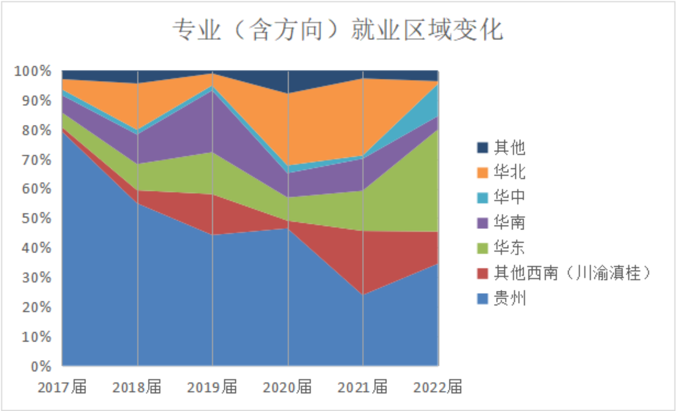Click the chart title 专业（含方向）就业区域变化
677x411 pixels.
click(x=338, y=30)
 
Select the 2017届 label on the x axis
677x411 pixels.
click(x=62, y=387)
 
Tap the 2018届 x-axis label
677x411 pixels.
click(x=137, y=387)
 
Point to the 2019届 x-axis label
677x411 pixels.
click(x=212, y=387)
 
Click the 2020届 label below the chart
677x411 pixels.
click(x=287, y=387)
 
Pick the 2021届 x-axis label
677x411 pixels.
click(x=362, y=387)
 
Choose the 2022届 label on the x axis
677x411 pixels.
click(x=438, y=387)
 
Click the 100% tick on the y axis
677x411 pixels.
click(x=32, y=71)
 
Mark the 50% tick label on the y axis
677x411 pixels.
click(x=36, y=218)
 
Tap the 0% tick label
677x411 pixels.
click(x=41, y=367)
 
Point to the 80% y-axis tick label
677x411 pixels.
click(x=36, y=130)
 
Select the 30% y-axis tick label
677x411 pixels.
click(x=36, y=278)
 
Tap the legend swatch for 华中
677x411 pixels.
click(x=482, y=198)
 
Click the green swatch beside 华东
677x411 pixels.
click(x=482, y=248)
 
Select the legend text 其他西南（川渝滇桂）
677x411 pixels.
click(x=572, y=273)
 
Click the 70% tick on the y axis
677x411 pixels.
click(x=36, y=160)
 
